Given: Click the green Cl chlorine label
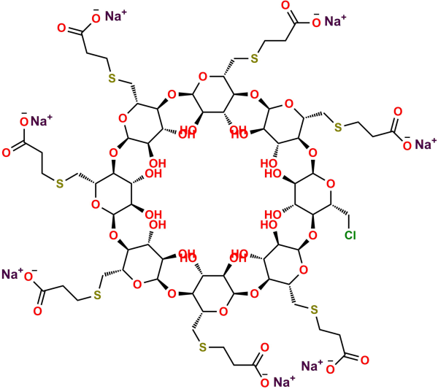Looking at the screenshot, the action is pos(350,236).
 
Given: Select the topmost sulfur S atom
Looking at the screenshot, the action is pos(254,58).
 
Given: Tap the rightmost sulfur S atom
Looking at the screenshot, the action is pos(338,127).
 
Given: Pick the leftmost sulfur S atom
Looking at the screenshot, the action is pos(60,183).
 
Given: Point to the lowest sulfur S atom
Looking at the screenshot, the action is pos(203,347).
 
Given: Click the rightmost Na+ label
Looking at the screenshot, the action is pos(426,144).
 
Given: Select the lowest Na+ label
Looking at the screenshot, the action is pos(284,381).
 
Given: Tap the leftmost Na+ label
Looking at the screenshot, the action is pos(12,274).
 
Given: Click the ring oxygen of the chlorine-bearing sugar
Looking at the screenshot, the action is pos(331,184).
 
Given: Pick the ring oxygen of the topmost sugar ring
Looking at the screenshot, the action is pos(203,77).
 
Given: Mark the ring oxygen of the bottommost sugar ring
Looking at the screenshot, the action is pos(223,311).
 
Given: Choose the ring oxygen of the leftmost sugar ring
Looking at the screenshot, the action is pos(96,204).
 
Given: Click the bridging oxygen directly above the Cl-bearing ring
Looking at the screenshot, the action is pos(312,153).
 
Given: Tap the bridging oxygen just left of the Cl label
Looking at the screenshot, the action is pos(312,236).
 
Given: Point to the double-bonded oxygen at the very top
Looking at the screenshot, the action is pos(285,6).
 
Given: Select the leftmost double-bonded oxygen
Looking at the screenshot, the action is pos(6,153).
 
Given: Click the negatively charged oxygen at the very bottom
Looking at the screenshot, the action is pos(264,382).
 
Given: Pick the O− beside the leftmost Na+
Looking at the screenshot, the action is pos(29,275).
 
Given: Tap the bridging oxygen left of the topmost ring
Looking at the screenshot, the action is pos(172,94).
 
